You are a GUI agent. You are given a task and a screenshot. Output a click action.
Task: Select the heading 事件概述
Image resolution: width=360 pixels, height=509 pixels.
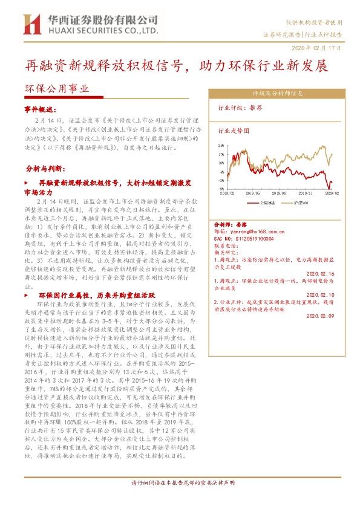39,109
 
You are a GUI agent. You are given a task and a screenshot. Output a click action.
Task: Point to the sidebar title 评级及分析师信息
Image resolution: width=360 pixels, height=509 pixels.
278,94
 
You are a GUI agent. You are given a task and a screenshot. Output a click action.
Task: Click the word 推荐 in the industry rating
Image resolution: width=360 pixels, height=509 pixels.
255,107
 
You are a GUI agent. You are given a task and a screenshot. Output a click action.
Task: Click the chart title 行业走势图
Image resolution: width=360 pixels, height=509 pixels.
234,130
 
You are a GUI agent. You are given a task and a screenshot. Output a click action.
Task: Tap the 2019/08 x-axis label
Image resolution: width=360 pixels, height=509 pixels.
280,193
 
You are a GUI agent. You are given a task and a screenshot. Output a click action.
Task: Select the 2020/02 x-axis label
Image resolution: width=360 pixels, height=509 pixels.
332,193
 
